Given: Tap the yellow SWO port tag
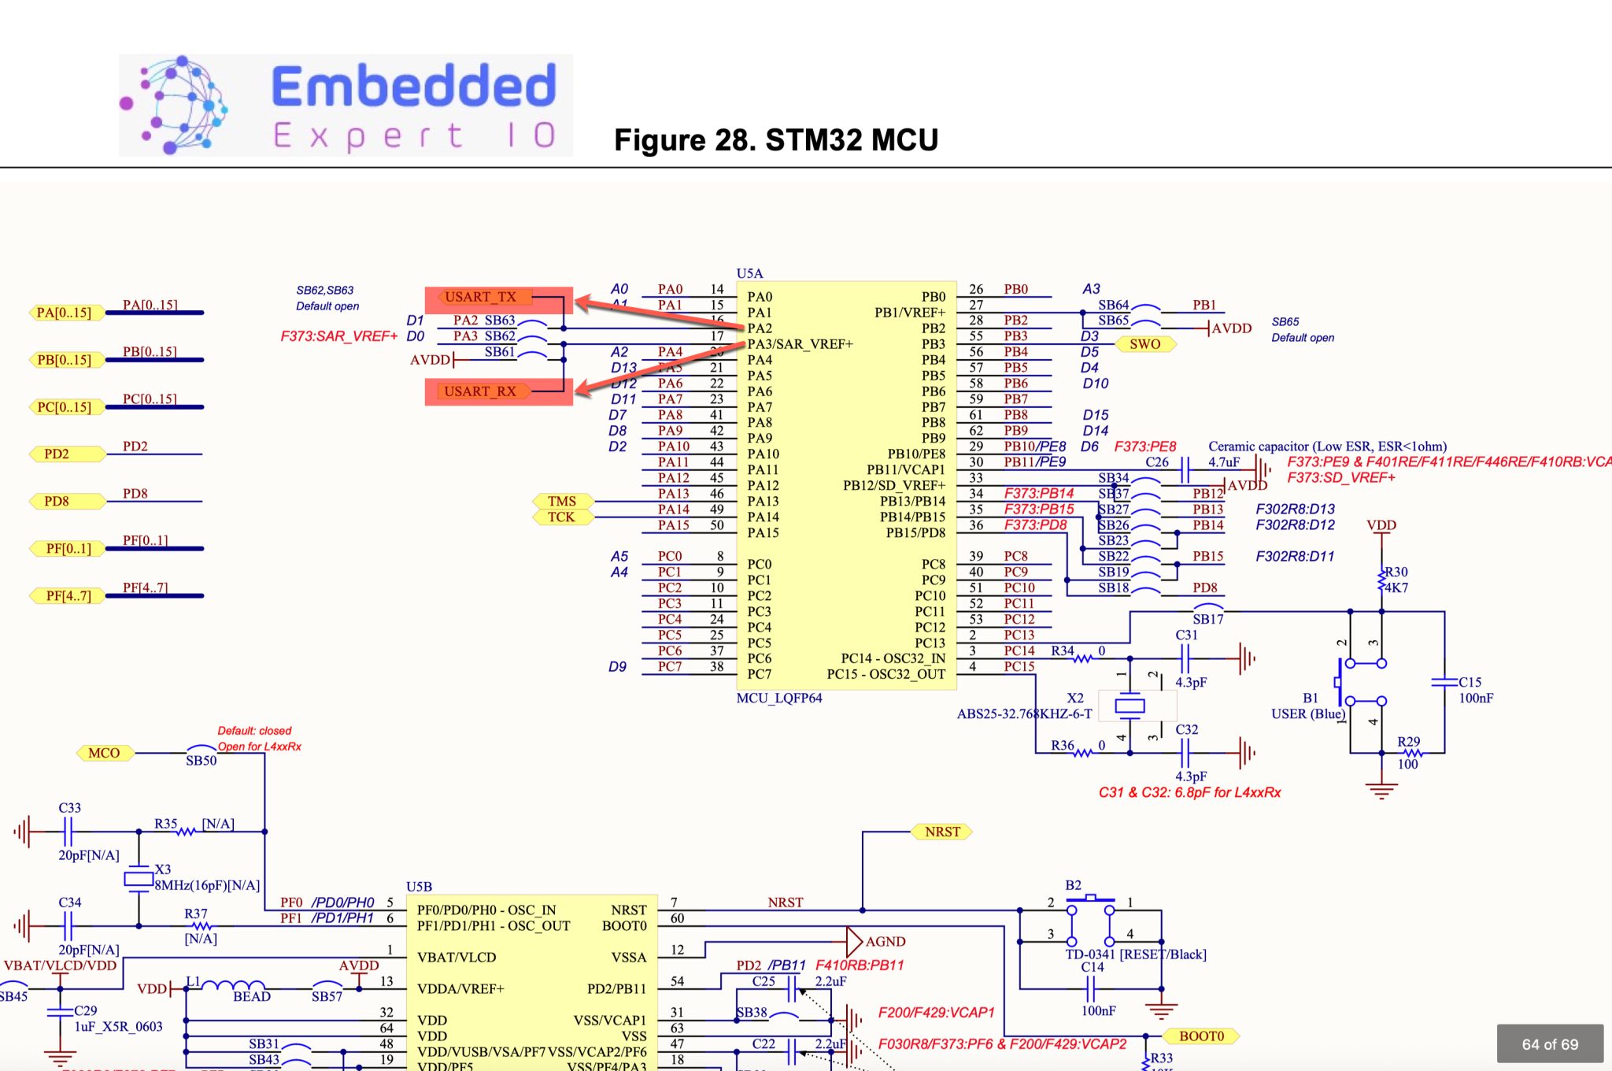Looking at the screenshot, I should tap(1145, 344).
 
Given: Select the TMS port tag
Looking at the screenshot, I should tap(562, 501).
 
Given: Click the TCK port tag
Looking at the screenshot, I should tap(561, 517).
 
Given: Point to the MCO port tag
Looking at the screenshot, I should tap(105, 753).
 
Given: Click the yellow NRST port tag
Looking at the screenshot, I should tap(942, 832).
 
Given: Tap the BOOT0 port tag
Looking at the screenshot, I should tap(1202, 1036).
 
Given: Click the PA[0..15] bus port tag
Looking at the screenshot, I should tap(65, 313).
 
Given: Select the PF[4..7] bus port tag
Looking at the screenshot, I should tap(68, 595).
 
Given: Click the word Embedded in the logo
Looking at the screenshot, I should tap(414, 87).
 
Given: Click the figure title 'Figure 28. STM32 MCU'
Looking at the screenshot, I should tap(776, 140).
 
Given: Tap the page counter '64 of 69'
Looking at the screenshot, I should tap(1549, 1044).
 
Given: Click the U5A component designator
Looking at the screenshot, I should tap(749, 273).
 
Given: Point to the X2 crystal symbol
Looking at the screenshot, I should tap(1130, 706).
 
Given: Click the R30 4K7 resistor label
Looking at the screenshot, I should tap(1396, 580).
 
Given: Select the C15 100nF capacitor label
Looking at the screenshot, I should tap(1473, 690).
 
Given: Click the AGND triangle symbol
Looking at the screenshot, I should tap(854, 941).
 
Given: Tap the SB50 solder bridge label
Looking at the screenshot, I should tap(201, 761).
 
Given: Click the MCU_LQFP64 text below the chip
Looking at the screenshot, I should tap(779, 698).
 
